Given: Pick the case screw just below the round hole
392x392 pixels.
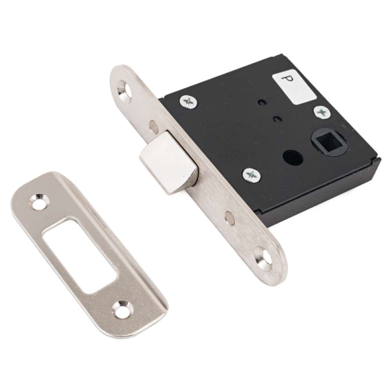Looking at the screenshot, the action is (252, 175).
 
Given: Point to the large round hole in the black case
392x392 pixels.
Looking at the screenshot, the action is (292, 156).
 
